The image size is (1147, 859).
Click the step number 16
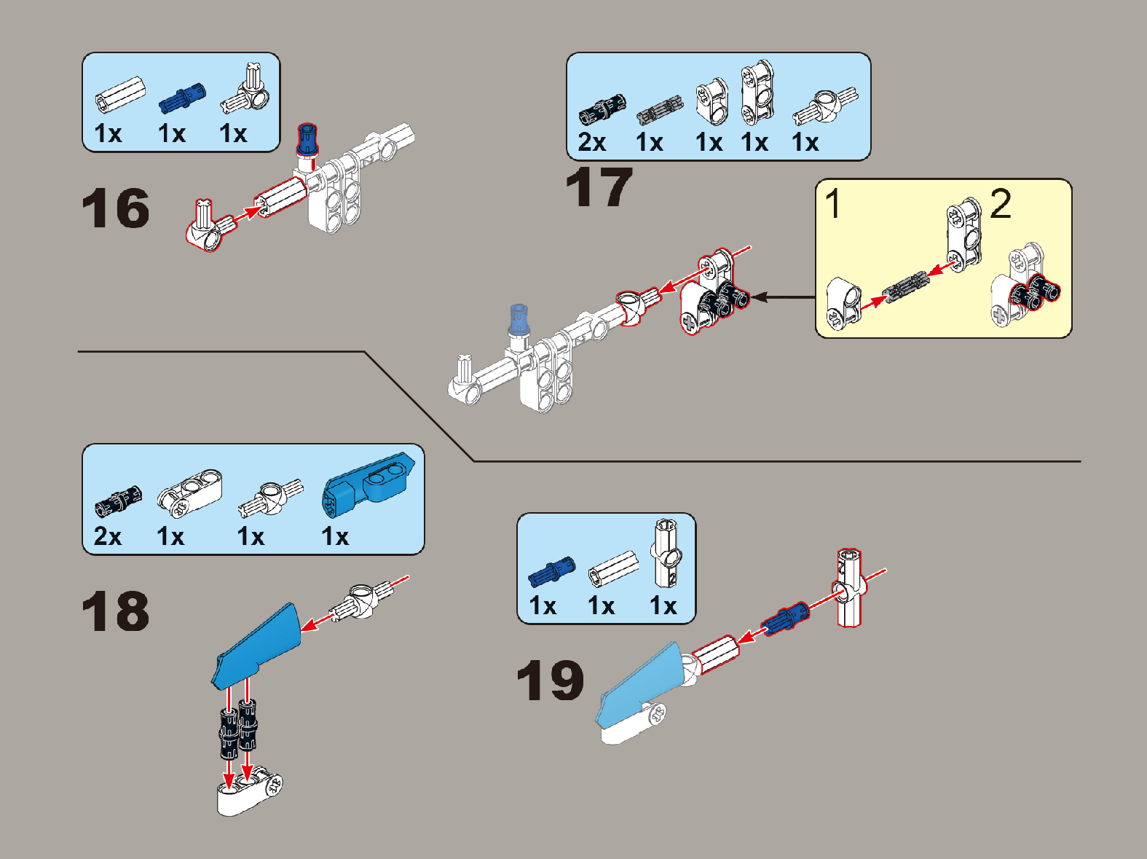116,208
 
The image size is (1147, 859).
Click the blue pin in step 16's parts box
182,98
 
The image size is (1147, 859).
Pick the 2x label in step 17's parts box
591,141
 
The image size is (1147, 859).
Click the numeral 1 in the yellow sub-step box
833,203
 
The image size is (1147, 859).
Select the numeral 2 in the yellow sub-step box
1001,204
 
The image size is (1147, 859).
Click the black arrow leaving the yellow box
784,297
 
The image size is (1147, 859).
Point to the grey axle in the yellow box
906,286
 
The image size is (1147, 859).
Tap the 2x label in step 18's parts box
108,536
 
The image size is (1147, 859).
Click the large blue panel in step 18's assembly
256,646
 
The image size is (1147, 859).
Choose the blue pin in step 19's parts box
551,571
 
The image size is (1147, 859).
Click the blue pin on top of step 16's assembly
307,139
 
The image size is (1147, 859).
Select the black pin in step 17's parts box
602,110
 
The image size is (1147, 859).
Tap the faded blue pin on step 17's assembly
519,319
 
